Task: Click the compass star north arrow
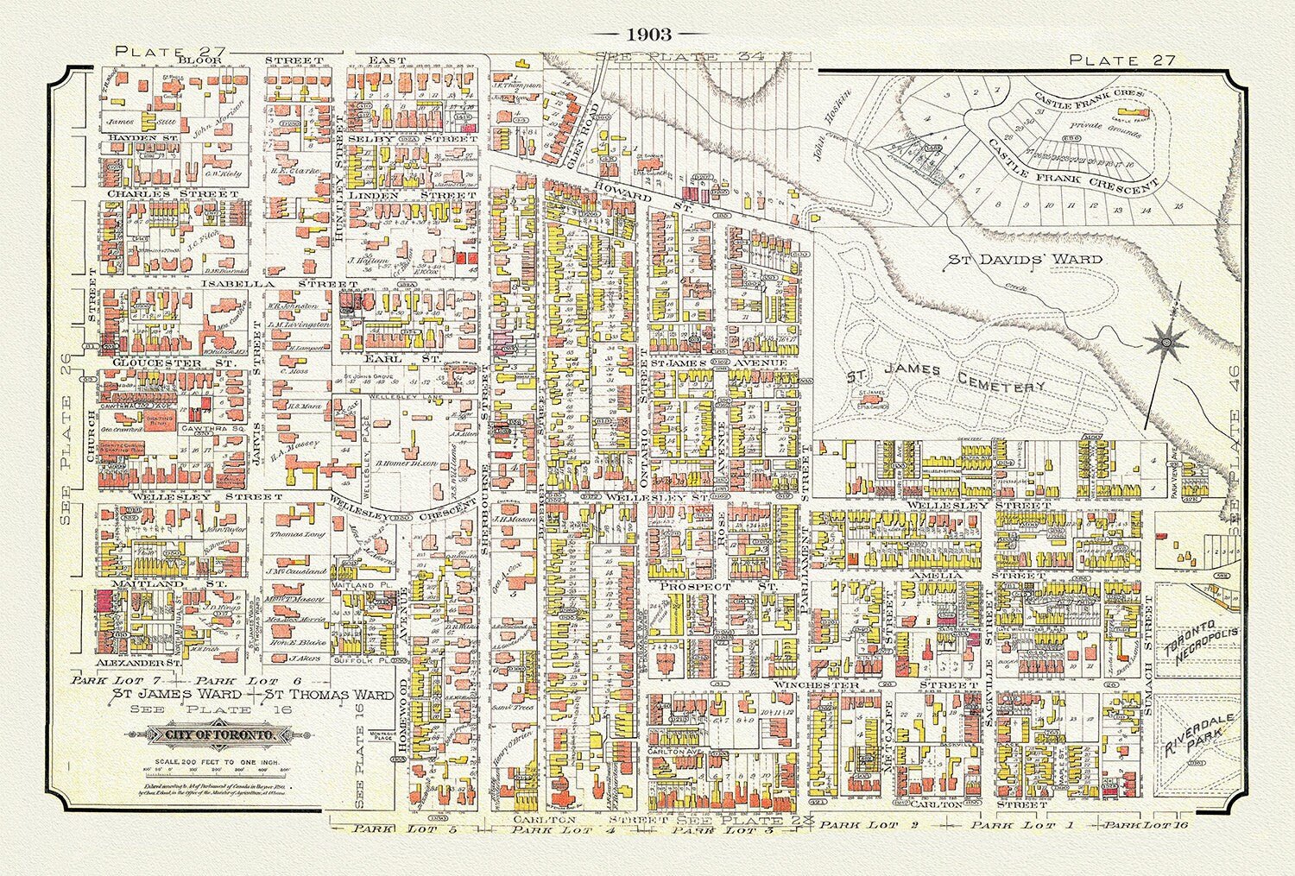pos(1164,344)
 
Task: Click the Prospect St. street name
pos(718,585)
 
